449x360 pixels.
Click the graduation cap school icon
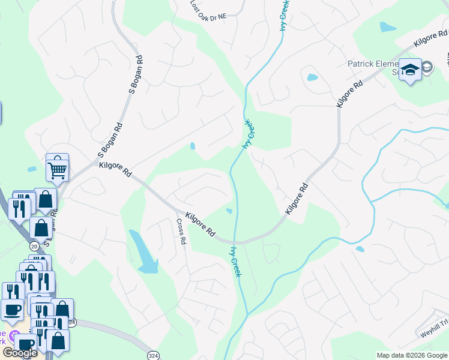pos(411,71)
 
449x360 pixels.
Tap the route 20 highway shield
pos(32,247)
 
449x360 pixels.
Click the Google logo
pos(20,353)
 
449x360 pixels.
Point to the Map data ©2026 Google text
pos(412,355)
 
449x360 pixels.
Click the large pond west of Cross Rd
pos(143,252)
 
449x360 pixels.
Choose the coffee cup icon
pos(12,311)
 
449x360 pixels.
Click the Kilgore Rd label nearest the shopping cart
pos(115,169)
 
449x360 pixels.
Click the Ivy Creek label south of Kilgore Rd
pos(235,260)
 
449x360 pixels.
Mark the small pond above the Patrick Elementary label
pos(388,26)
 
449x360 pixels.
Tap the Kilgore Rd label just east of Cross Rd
pos(200,223)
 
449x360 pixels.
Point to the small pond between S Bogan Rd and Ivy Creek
pos(192,146)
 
